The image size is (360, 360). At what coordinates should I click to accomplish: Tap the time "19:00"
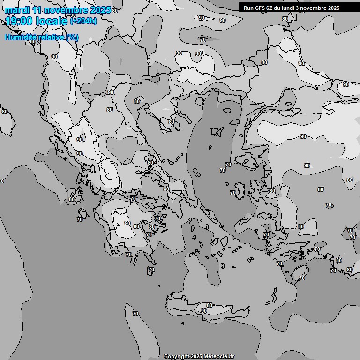pos(19,21)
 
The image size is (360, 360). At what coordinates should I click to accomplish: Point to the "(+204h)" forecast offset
pos(83,21)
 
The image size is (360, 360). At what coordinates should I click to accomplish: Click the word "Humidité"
pos(21,37)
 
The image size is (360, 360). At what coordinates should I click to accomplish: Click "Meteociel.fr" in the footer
pos(219,356)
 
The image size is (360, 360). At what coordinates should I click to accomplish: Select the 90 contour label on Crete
pos(203,311)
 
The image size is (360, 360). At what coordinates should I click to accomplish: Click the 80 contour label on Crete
pos(209,305)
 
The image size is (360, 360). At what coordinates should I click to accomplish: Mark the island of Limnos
pos(216,131)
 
